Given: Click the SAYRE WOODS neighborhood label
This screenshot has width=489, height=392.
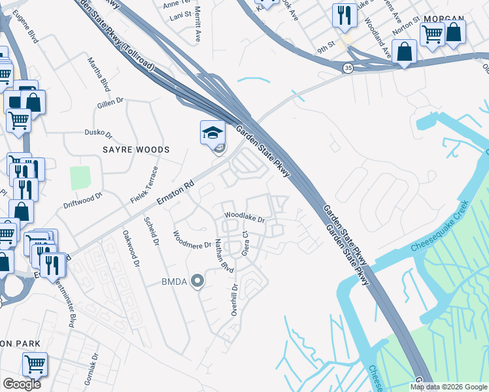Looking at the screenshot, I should (135, 150).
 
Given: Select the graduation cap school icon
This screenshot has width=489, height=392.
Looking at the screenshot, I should (212, 133).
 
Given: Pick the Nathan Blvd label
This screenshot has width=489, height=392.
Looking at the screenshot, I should (224, 255).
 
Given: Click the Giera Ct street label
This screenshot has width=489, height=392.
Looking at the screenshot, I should (246, 242).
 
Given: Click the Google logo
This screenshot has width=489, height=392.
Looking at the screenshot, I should (21, 384).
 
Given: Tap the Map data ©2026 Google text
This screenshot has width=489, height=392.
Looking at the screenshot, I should (448, 387).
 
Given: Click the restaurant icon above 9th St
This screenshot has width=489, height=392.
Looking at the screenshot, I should (344, 15).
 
